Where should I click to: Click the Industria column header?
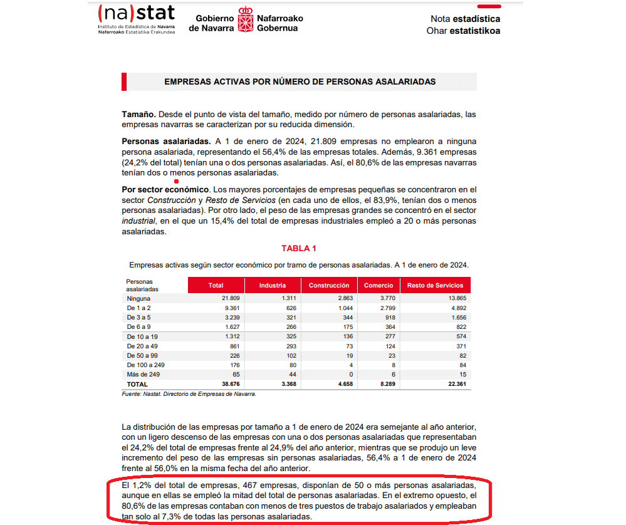[273, 286]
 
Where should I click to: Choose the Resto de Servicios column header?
[435, 286]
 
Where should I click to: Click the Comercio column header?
[378, 286]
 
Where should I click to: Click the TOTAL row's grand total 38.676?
[214, 384]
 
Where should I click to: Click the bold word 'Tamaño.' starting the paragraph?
[138, 115]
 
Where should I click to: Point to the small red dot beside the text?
[177, 182]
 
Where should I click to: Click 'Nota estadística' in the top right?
[464, 19]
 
